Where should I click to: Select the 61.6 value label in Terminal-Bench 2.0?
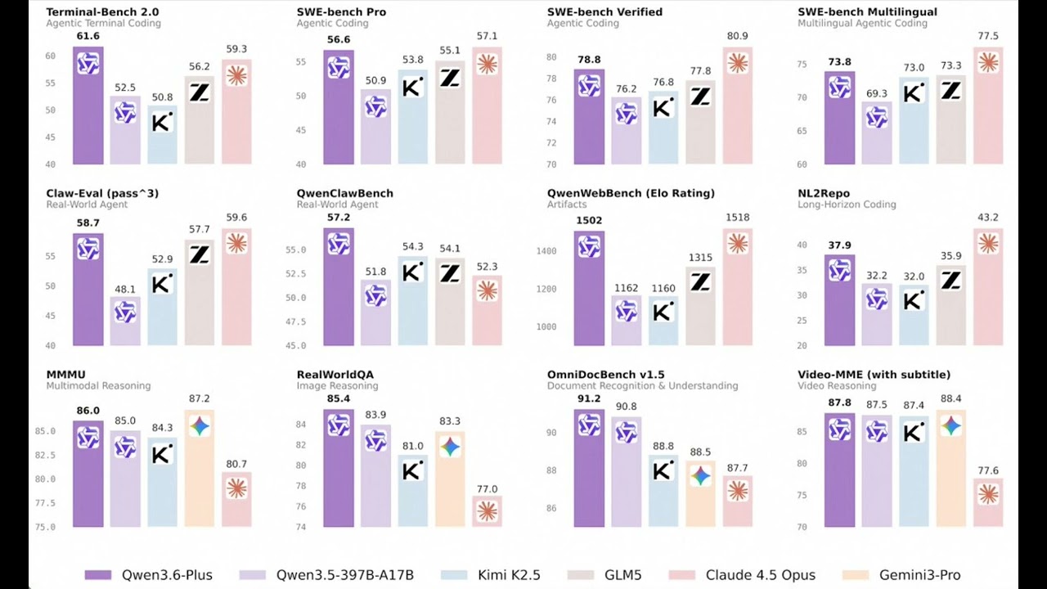click(88, 37)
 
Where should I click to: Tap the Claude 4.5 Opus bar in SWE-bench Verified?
click(738, 106)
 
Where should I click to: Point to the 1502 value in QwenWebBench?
click(589, 220)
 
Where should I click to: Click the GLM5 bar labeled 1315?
click(700, 307)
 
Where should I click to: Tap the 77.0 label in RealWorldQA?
click(488, 489)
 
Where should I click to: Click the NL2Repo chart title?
click(825, 193)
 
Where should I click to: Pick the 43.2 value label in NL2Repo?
click(988, 218)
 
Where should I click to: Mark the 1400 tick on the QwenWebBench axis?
click(546, 251)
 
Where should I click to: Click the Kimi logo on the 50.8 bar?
click(162, 123)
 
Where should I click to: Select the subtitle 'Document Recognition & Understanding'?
click(642, 386)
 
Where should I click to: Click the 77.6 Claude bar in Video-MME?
click(988, 503)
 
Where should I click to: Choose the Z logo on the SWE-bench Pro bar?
click(450, 78)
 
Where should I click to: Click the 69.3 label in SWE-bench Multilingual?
click(877, 94)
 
